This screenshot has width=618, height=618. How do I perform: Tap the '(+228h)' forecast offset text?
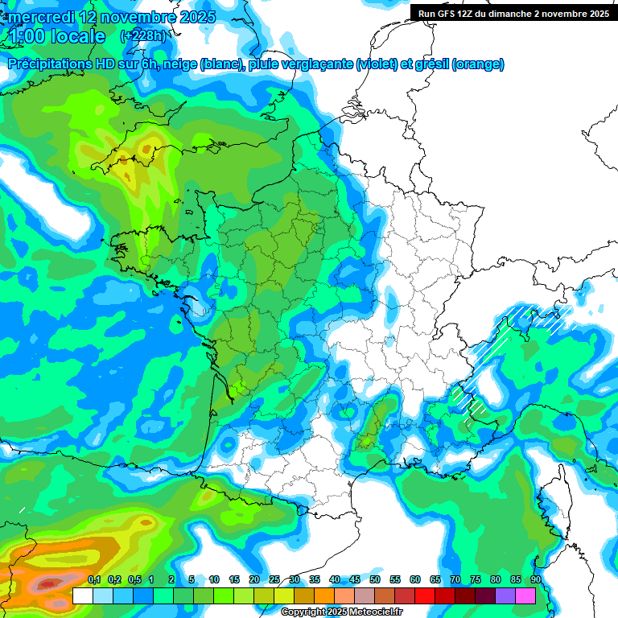(x=142, y=36)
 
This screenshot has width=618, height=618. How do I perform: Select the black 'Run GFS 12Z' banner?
(x=513, y=13)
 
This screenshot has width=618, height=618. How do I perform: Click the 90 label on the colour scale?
(x=535, y=579)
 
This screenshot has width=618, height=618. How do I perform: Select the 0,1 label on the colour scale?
(x=93, y=579)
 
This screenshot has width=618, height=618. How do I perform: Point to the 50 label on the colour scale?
(x=375, y=579)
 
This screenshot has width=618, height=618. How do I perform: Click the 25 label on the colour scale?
(x=274, y=579)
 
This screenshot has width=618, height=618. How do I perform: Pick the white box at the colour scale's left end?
(x=82, y=596)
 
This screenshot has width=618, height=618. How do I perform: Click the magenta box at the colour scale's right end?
(x=525, y=596)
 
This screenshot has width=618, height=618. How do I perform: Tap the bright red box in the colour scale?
(x=425, y=596)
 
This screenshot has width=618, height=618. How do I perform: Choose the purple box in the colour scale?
(x=505, y=596)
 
